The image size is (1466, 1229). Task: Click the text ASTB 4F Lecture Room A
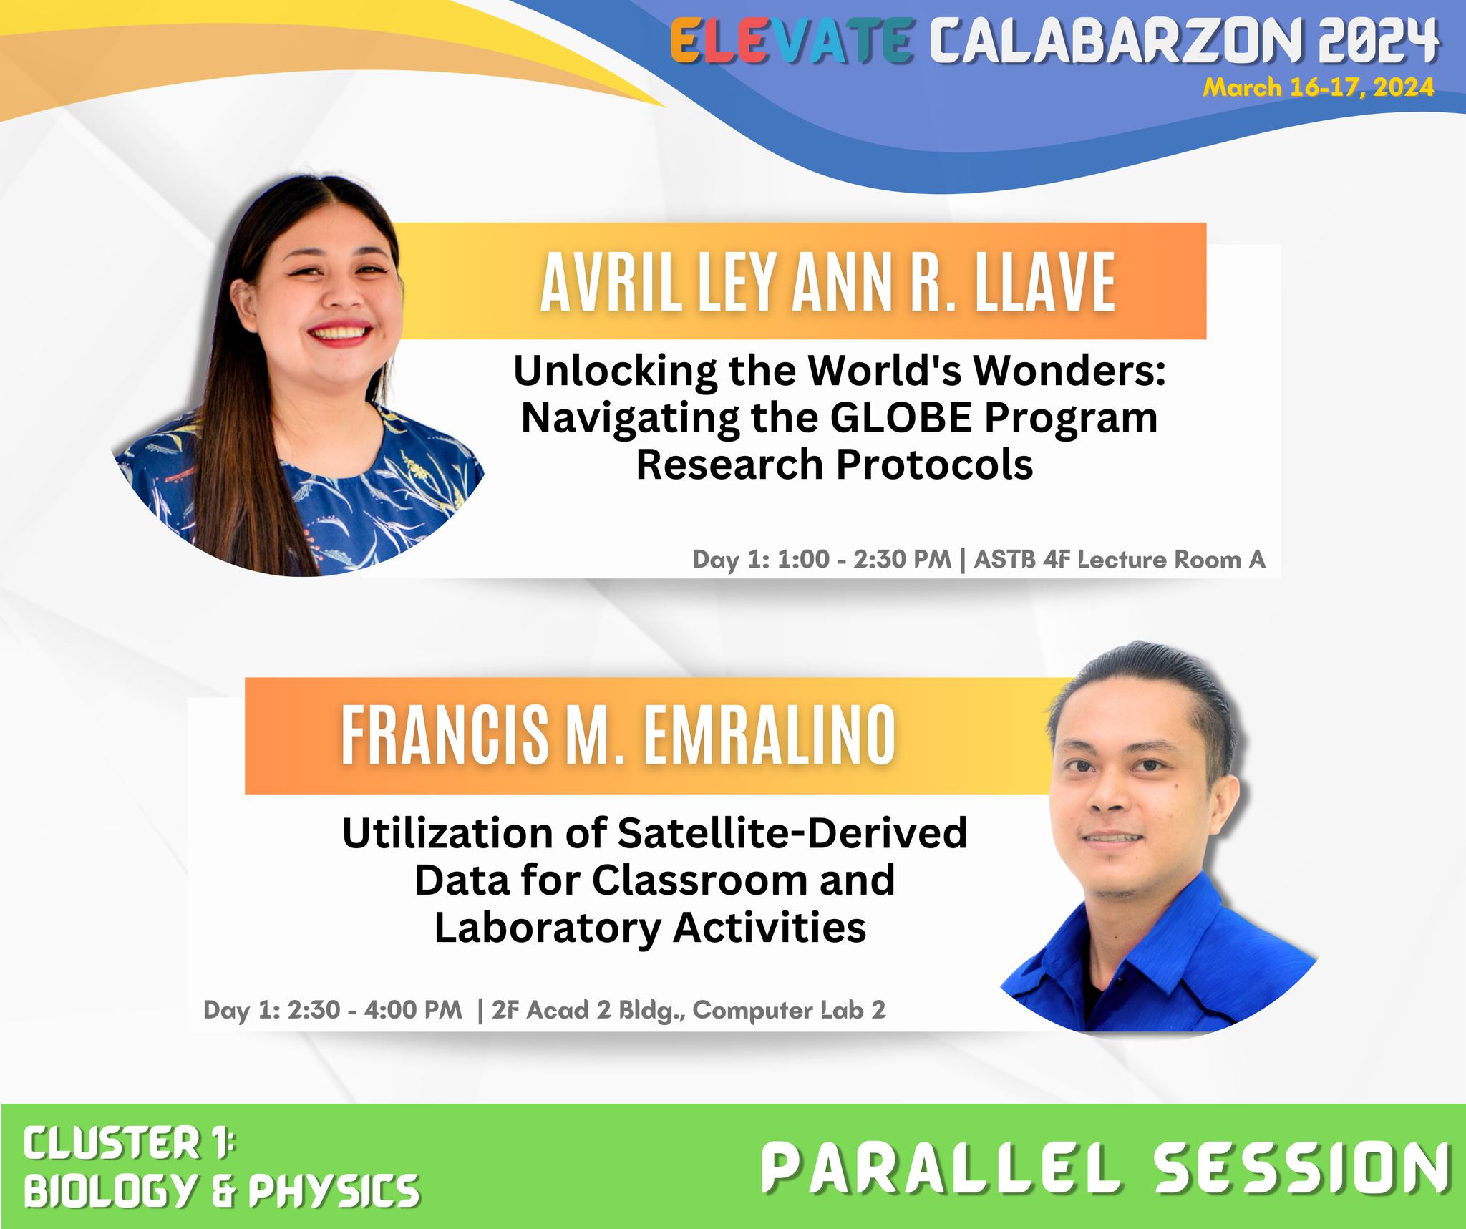[x=1120, y=559]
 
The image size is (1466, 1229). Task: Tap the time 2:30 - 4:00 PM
[x=375, y=1009]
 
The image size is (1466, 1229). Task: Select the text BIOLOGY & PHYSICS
[x=221, y=1190]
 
